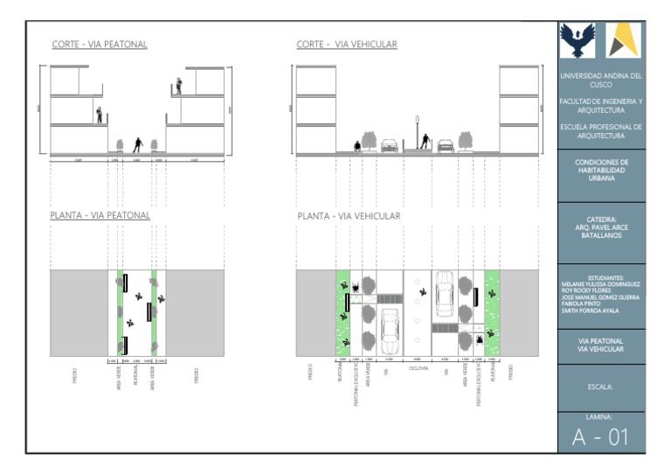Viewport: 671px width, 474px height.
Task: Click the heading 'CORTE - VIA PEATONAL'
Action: tap(100, 45)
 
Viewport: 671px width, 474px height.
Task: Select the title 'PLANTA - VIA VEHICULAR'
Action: tap(349, 216)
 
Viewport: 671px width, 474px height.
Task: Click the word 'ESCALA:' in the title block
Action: tap(600, 385)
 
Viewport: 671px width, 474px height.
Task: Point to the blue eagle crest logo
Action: tap(577, 40)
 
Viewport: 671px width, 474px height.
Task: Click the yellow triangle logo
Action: tap(624, 40)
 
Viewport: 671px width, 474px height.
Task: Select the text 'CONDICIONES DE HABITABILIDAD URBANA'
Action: tap(600, 170)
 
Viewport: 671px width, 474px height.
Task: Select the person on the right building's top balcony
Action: tap(179, 86)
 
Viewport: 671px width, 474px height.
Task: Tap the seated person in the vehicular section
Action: tap(356, 146)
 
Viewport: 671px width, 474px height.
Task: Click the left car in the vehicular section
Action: tap(389, 146)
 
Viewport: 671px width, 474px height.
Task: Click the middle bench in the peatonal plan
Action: tap(149, 311)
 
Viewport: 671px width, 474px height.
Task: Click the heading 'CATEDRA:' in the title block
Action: tap(600, 220)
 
